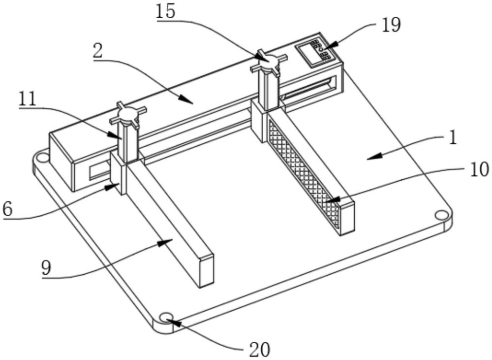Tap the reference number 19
pos(391,25)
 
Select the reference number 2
pos(97,52)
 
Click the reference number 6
pos(7,209)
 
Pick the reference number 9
pos(46,268)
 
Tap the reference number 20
pos(260,349)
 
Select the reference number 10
pos(479,169)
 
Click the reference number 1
pos(453,138)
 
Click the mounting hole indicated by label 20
pos(166,317)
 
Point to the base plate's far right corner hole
pos(441,216)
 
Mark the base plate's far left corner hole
pos(43,157)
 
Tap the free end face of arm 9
pos(207,271)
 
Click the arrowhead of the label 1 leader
pos(374,156)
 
